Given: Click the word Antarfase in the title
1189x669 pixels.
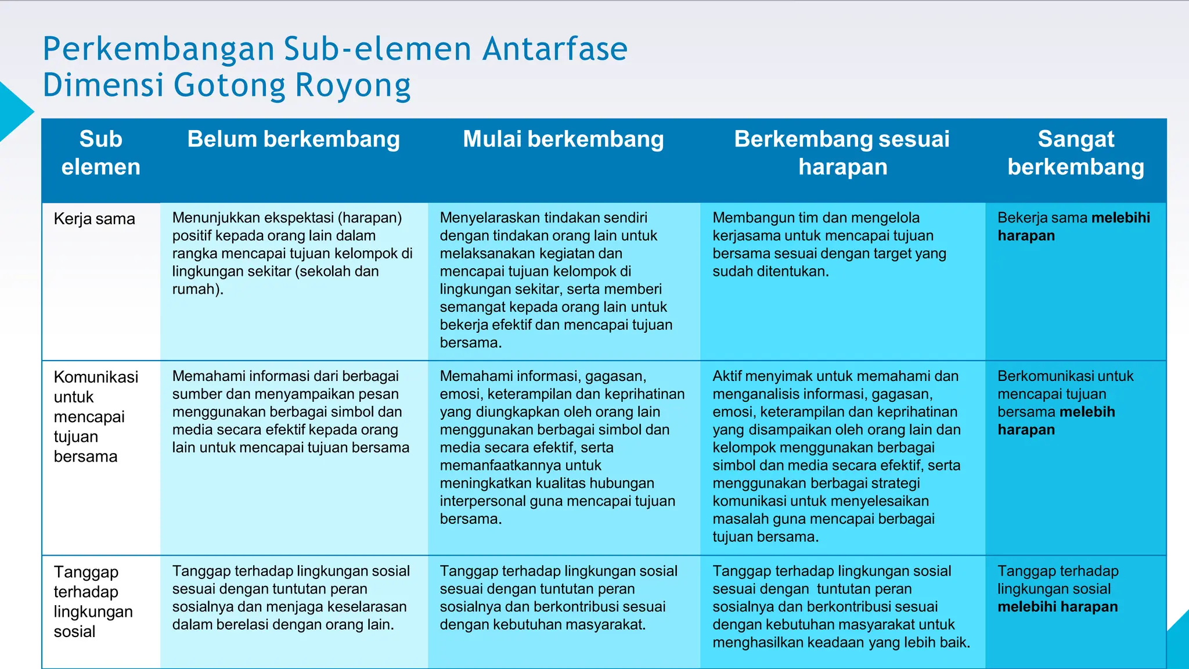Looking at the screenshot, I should pos(555,49).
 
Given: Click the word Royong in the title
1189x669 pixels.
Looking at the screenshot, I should pos(353,85).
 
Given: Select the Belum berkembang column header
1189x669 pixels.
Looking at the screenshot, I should pos(293,139).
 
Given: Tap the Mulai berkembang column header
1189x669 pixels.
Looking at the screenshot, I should pos(563,139).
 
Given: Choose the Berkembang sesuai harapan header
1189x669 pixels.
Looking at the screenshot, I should pos(842,153).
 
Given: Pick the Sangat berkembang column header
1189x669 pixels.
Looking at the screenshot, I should pos(1075,153).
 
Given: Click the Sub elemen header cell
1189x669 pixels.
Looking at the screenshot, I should pos(100,153).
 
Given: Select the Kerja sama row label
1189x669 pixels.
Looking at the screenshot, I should pos(94,219).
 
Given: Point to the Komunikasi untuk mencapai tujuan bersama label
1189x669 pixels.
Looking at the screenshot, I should pos(96,416).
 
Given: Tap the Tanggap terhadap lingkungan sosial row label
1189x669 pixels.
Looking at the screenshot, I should pos(93,601).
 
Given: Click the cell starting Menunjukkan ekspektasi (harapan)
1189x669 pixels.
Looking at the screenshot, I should pos(292,253).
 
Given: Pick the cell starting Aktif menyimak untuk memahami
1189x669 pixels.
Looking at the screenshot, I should pos(836,456).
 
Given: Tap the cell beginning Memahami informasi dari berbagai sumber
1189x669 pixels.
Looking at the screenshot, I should pos(290,412).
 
